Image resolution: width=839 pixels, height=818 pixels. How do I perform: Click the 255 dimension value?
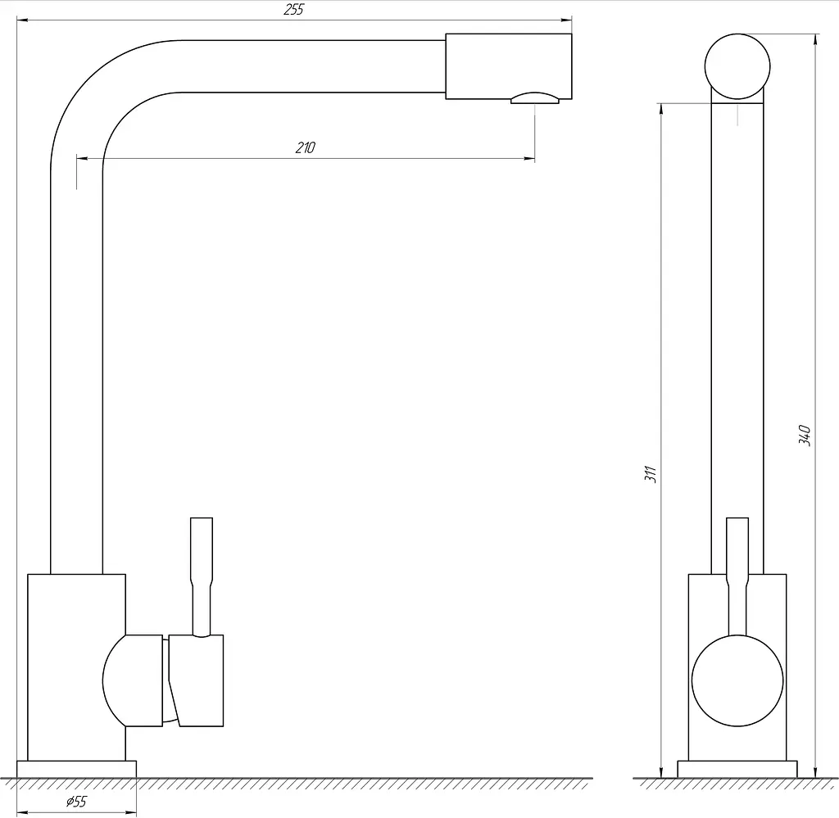pos(294,10)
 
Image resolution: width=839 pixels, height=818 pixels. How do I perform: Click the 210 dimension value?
pos(306,147)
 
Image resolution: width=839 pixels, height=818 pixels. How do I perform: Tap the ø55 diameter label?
pos(76,802)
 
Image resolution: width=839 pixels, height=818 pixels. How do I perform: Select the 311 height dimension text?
pos(650,474)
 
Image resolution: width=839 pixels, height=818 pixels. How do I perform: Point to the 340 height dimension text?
pos(805,435)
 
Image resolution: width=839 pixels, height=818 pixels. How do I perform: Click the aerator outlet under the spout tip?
pos(534,97)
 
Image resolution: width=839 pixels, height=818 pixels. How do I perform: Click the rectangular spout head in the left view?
pos(509,66)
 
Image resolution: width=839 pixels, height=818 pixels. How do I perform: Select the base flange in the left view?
pos(76,769)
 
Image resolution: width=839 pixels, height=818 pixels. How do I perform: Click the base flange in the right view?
pos(737,769)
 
